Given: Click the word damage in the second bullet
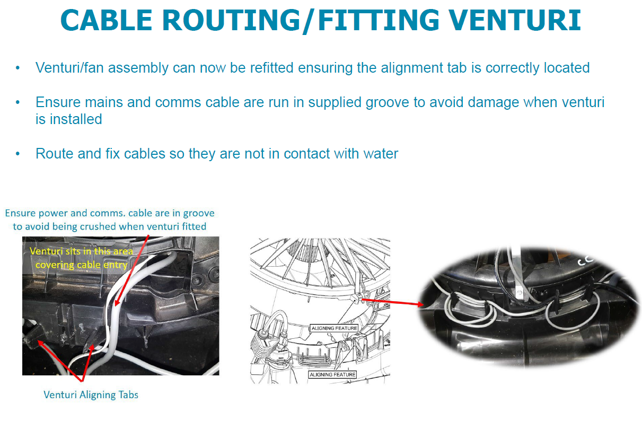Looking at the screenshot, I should (491, 102).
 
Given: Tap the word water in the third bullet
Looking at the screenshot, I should (380, 154).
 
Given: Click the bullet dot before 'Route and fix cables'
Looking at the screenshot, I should (18, 154).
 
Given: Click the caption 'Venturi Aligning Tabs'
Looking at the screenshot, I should (91, 394).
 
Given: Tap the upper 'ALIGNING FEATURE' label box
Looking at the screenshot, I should (334, 328).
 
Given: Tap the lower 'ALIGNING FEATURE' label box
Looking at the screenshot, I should (332, 374).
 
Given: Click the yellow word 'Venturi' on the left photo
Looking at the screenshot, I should (46, 251).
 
